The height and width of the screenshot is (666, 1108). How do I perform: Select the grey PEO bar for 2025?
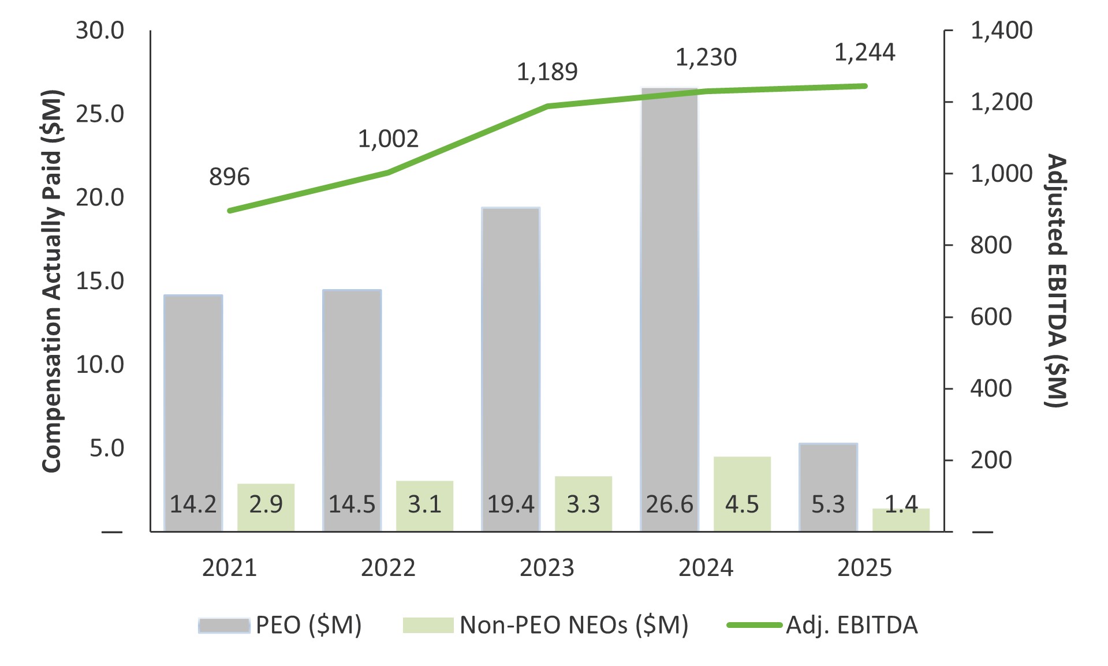(x=828, y=473)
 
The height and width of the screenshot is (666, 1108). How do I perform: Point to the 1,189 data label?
(x=547, y=72)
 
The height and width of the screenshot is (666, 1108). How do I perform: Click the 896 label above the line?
(x=229, y=177)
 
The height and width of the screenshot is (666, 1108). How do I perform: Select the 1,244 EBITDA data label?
(x=864, y=53)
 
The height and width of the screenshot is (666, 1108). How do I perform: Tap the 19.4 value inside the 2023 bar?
(x=510, y=504)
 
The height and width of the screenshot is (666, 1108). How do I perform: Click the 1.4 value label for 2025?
(x=901, y=504)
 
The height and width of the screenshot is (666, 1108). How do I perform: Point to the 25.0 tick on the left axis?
(x=100, y=114)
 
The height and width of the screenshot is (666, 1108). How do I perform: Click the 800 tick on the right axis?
(x=991, y=245)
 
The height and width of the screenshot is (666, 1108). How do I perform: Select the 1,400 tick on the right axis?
(x=1001, y=31)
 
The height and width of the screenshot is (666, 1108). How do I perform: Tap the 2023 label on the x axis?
(x=547, y=568)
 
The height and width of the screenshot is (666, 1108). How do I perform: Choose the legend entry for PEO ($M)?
(x=280, y=625)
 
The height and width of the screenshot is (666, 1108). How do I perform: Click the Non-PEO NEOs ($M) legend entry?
(x=546, y=625)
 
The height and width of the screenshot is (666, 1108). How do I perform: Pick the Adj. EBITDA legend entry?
(x=823, y=625)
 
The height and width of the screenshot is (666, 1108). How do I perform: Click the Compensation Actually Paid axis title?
(x=51, y=281)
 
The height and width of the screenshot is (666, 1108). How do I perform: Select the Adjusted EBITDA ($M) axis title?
(x=1056, y=281)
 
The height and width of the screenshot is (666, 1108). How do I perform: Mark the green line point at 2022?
(x=388, y=172)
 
